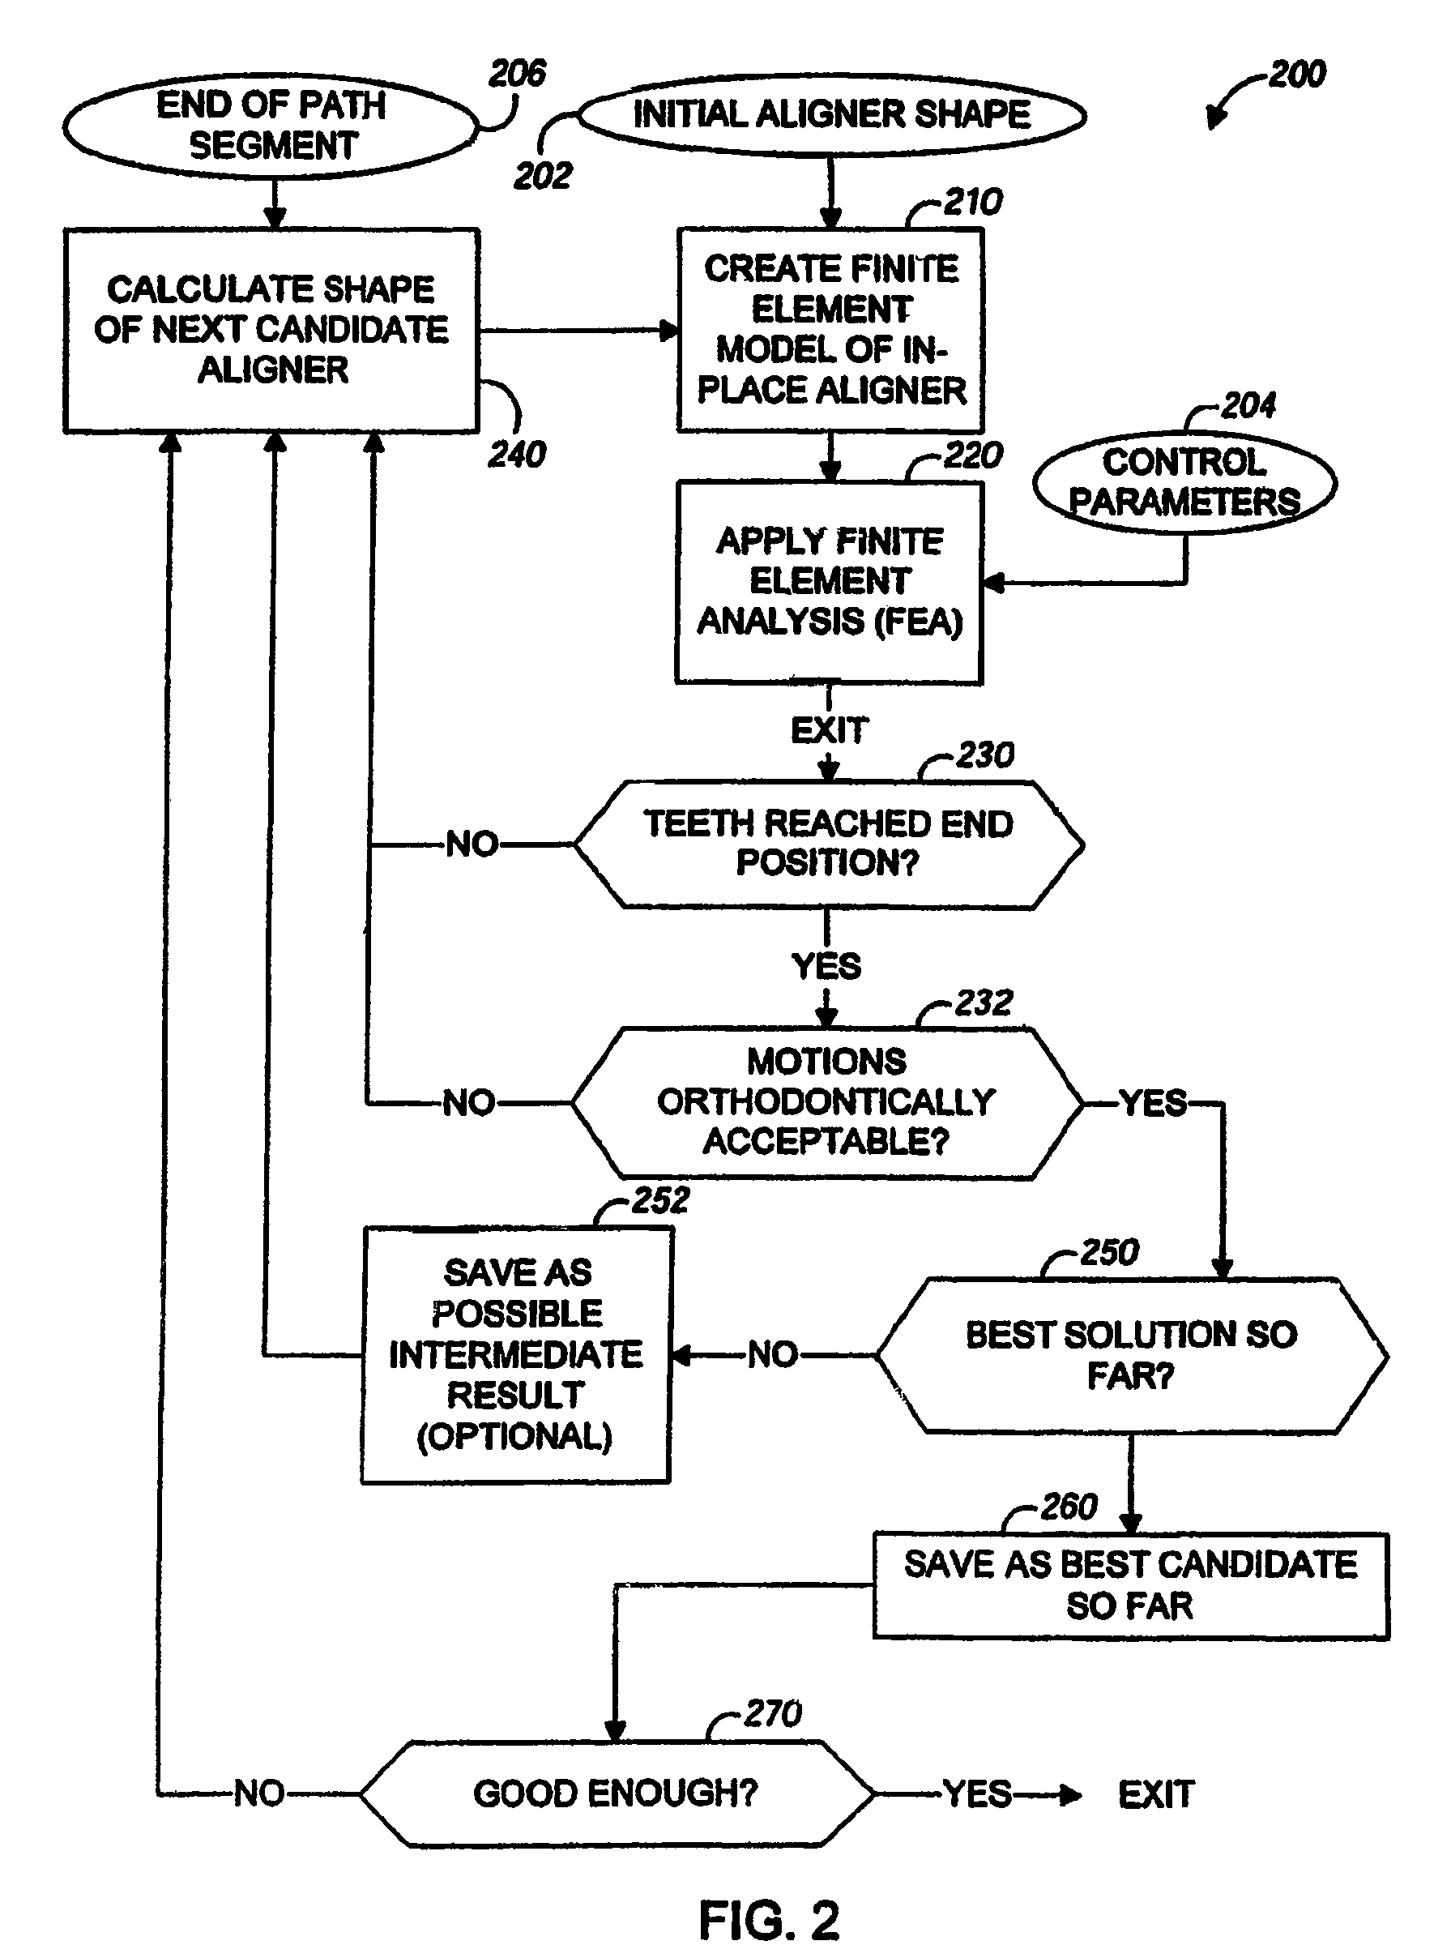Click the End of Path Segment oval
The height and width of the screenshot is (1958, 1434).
tap(271, 126)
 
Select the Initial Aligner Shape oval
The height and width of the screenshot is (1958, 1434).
tap(830, 115)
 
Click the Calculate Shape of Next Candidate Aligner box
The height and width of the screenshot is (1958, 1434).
tap(271, 330)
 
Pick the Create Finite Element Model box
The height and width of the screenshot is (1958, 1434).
tap(830, 330)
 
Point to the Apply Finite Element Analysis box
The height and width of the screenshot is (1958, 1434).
tap(829, 582)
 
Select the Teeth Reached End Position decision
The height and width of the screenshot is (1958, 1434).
tap(828, 844)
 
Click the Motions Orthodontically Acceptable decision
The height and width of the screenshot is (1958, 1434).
tap(826, 1103)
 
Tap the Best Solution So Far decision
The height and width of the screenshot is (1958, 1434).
tap(1131, 1354)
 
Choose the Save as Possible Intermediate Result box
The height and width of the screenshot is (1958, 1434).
tap(517, 1354)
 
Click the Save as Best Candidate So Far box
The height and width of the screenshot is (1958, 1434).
tap(1130, 1585)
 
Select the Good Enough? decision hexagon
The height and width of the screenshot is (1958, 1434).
tap(616, 1793)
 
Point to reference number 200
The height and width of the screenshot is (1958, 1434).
tap(1297, 75)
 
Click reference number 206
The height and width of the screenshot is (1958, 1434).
tap(518, 74)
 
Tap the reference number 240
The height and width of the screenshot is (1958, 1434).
tap(518, 454)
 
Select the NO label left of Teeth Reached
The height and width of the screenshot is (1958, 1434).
tap(472, 844)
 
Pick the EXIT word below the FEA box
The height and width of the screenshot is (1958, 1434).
tap(829, 731)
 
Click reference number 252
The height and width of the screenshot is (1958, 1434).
tap(660, 1201)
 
